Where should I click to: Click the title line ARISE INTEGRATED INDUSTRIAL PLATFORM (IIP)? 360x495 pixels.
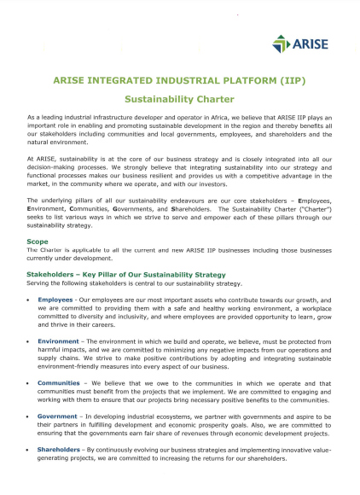click(x=179, y=79)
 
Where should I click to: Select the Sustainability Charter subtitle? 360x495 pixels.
click(x=179, y=98)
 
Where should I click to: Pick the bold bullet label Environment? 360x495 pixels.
click(x=58, y=340)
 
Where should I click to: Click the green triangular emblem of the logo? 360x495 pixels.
click(x=281, y=43)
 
